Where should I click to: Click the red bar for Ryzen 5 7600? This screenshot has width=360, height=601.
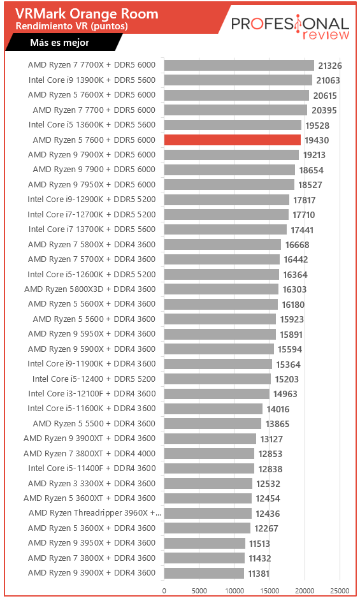click(x=233, y=140)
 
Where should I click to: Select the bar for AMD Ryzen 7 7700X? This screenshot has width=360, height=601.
click(x=239, y=65)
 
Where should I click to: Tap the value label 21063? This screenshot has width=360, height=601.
click(x=328, y=80)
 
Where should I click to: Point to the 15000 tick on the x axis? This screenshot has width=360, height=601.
click(x=270, y=591)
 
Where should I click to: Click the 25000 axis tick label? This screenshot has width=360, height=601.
click(x=340, y=591)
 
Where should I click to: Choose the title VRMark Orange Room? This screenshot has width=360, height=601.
click(x=87, y=14)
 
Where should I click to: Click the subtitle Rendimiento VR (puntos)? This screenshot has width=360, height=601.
click(x=72, y=26)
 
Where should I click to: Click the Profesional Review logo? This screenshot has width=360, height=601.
click(x=290, y=27)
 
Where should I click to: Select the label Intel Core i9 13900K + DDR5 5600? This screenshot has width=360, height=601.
click(x=92, y=80)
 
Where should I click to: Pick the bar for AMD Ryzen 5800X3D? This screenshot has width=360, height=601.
click(x=221, y=289)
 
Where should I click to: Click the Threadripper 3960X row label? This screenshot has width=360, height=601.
click(x=95, y=513)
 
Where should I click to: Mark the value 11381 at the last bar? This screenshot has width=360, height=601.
click(x=259, y=574)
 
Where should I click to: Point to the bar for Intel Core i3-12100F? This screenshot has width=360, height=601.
click(x=217, y=394)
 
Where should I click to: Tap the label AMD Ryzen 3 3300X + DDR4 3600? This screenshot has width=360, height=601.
click(x=92, y=483)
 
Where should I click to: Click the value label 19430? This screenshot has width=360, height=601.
click(x=317, y=140)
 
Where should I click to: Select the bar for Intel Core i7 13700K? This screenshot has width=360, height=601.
click(x=226, y=229)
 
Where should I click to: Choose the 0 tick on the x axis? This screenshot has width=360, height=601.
click(x=164, y=591)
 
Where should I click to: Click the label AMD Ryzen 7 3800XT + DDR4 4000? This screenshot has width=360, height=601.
click(x=89, y=453)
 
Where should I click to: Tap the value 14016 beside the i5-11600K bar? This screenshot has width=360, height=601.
click(x=278, y=409)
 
